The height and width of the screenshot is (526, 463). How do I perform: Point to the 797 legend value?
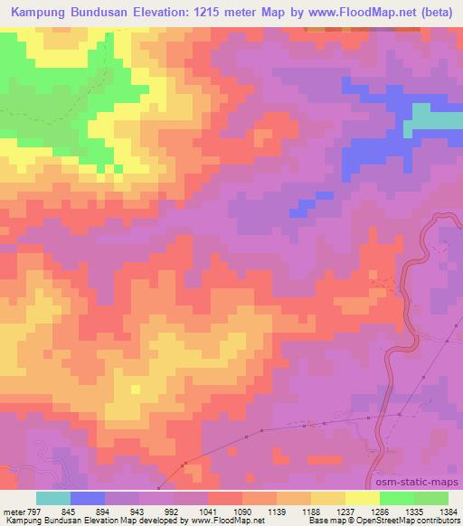click(33, 511)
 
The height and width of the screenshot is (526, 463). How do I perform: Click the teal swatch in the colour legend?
click(53, 498)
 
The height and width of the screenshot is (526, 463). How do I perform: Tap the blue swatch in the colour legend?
click(88, 498)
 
